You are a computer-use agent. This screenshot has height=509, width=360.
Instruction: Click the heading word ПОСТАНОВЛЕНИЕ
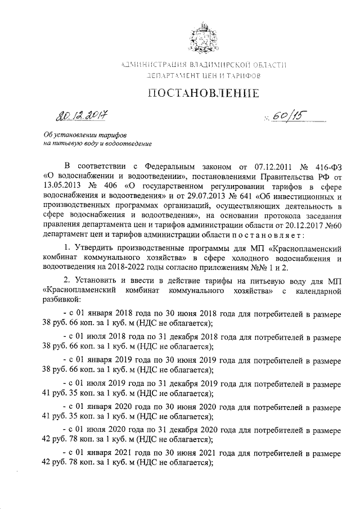(x=203, y=93)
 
